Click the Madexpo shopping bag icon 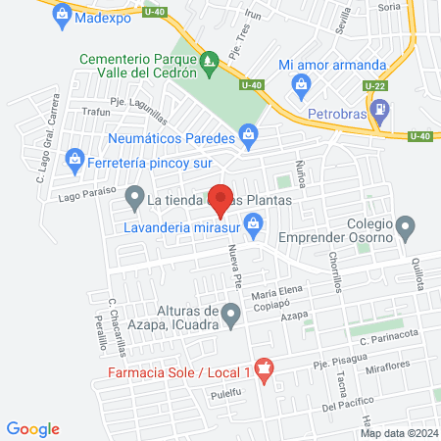(x=63, y=15)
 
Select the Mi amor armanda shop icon (x=302, y=86)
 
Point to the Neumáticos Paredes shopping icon (x=249, y=134)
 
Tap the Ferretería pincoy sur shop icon (x=74, y=159)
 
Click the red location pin (x=220, y=199)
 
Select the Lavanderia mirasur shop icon (x=255, y=226)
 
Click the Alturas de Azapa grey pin (x=231, y=316)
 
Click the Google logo (x=33, y=428)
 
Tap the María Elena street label (x=273, y=295)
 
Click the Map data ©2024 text (x=398, y=432)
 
